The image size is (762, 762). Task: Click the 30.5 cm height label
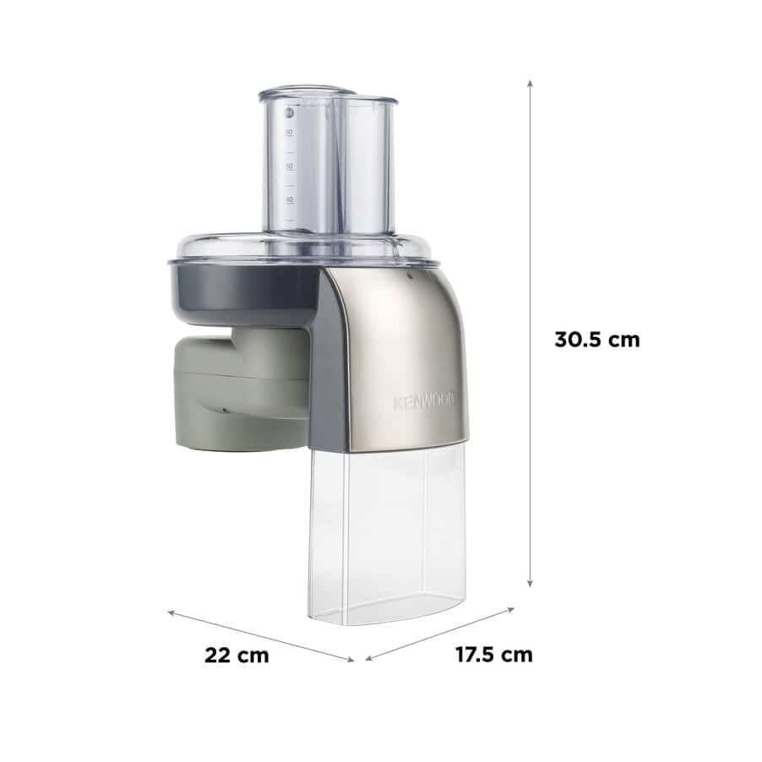pyautogui.click(x=596, y=340)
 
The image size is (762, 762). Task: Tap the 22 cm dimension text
pyautogui.click(x=237, y=655)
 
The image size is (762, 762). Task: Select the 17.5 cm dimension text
pyautogui.click(x=493, y=654)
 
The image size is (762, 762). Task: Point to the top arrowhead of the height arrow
pyautogui.click(x=531, y=84)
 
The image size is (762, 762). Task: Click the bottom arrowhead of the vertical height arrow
pyautogui.click(x=531, y=583)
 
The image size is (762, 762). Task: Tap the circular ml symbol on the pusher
pyautogui.click(x=289, y=113)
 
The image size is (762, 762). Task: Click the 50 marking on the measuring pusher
pyautogui.click(x=290, y=166)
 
